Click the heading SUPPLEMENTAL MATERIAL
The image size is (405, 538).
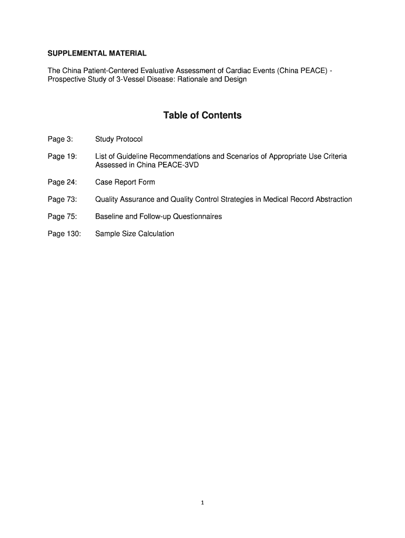pyautogui.click(x=97, y=54)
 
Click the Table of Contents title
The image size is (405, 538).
pyautogui.click(x=202, y=115)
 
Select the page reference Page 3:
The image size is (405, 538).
pyautogui.click(x=60, y=139)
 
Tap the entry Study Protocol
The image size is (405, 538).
pyautogui.click(x=119, y=139)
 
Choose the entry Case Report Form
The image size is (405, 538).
pyautogui.click(x=125, y=182)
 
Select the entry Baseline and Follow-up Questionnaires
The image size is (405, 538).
pyautogui.click(x=158, y=216)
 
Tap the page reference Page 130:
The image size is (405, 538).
pyautogui.click(x=64, y=234)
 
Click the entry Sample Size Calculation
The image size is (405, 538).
pyautogui.click(x=135, y=234)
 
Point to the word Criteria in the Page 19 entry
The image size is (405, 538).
pyautogui.click(x=335, y=157)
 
